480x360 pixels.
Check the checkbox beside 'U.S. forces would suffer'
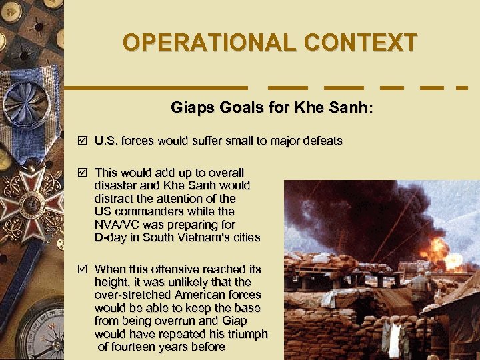click(x=82, y=141)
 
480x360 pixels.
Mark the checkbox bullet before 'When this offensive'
click(x=82, y=269)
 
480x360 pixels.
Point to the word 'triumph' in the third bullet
click(x=246, y=334)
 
